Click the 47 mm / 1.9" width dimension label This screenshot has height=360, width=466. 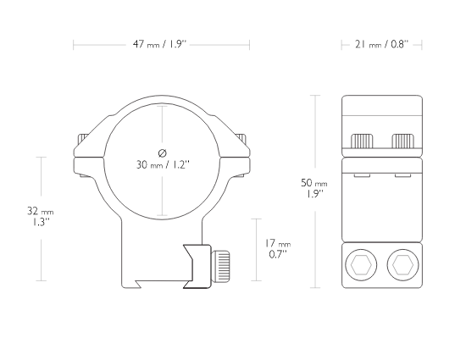(159, 45)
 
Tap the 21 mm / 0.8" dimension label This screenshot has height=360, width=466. (381, 45)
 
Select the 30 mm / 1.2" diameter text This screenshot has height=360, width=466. (163, 164)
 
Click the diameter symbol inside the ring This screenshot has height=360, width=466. (163, 153)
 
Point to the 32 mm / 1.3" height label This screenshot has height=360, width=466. (41, 216)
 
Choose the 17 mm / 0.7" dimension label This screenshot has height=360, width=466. (278, 249)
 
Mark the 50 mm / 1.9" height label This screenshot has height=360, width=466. (314, 188)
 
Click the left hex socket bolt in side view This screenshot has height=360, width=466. (361, 265)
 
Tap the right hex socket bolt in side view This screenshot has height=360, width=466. (403, 265)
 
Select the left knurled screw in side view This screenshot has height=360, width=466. (362, 141)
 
